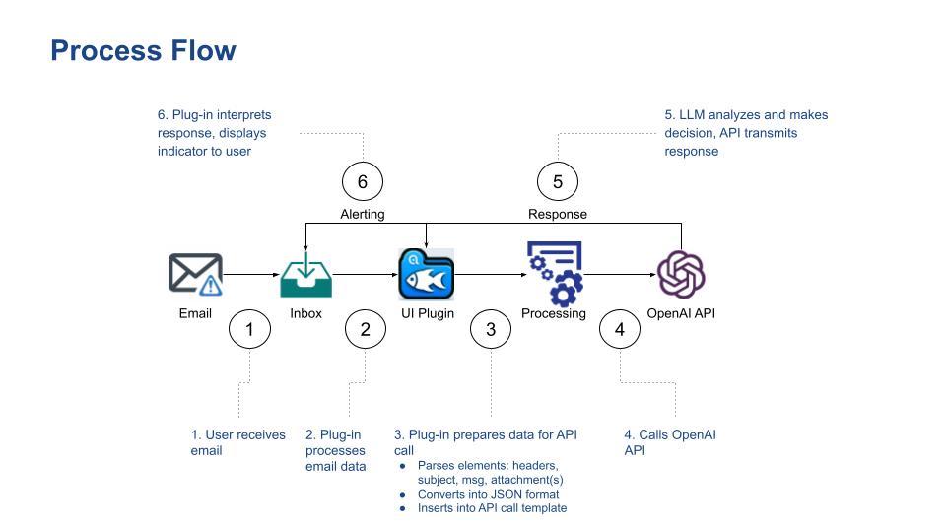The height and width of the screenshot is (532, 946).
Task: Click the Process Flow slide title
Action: coord(143,50)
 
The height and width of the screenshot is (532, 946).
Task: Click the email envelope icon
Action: coord(195,274)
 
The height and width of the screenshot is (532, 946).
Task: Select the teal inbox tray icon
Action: coord(305,275)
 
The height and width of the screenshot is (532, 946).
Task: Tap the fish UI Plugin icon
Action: coord(426,275)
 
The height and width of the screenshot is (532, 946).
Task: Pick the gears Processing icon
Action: coord(554,273)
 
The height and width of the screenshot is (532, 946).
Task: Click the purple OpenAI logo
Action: coord(681,274)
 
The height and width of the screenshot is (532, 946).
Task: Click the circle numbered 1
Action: coord(249,329)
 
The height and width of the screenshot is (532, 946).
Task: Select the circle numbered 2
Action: coord(366,329)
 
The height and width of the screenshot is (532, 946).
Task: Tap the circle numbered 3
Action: coord(491,329)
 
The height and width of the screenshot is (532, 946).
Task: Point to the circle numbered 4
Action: coord(620,329)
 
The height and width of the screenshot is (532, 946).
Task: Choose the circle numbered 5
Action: coord(558,181)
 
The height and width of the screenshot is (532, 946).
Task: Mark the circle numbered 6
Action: coord(363,181)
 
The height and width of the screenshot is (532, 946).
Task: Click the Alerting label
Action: coord(363,214)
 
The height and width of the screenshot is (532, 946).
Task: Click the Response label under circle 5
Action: coord(558,214)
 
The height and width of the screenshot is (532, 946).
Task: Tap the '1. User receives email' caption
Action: coord(237,442)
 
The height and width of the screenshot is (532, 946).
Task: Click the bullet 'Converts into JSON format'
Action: coord(488,494)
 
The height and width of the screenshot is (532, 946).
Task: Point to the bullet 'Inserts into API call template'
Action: coord(492,508)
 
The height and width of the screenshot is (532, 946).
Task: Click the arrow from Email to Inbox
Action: coord(251,275)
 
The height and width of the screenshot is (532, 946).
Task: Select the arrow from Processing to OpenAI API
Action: coord(619,275)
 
